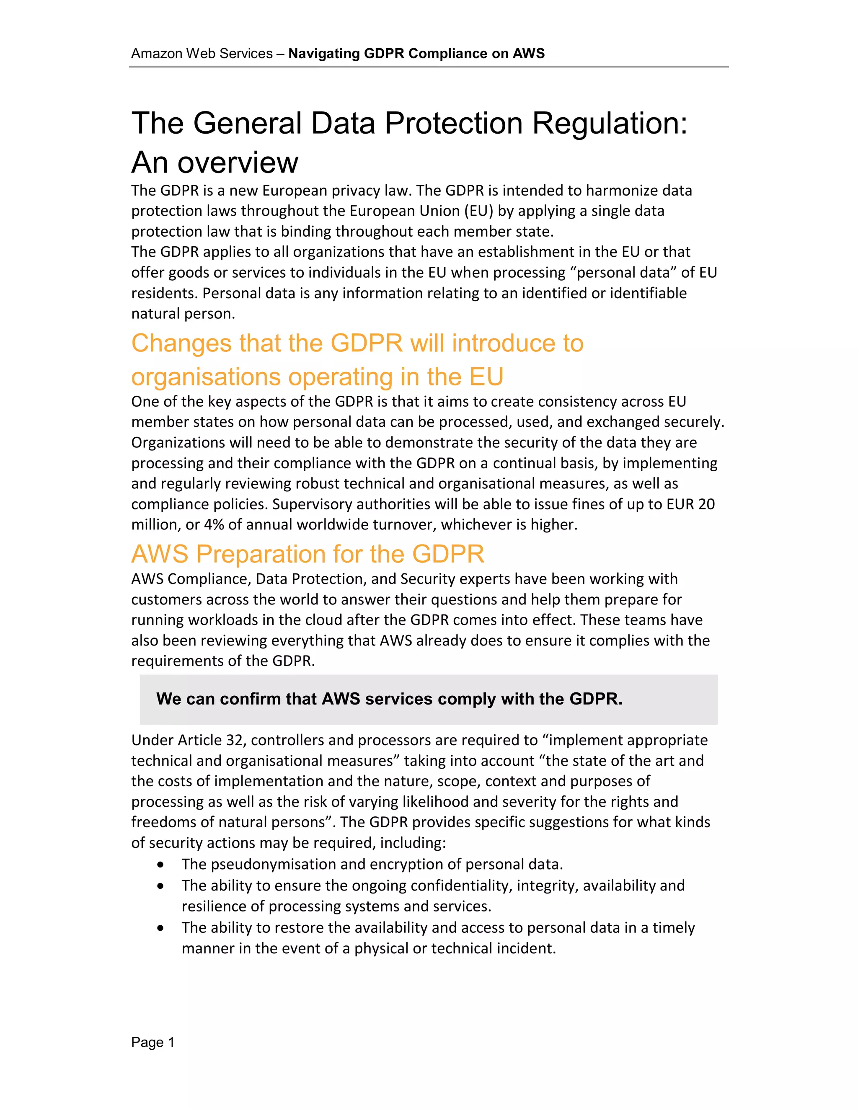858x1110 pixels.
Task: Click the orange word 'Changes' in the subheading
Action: pyautogui.click(x=181, y=343)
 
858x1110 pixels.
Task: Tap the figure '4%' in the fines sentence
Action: pyautogui.click(x=214, y=524)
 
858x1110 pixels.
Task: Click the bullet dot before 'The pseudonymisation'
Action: pyautogui.click(x=160, y=865)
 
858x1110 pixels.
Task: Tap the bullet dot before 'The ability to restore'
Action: pyautogui.click(x=160, y=928)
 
